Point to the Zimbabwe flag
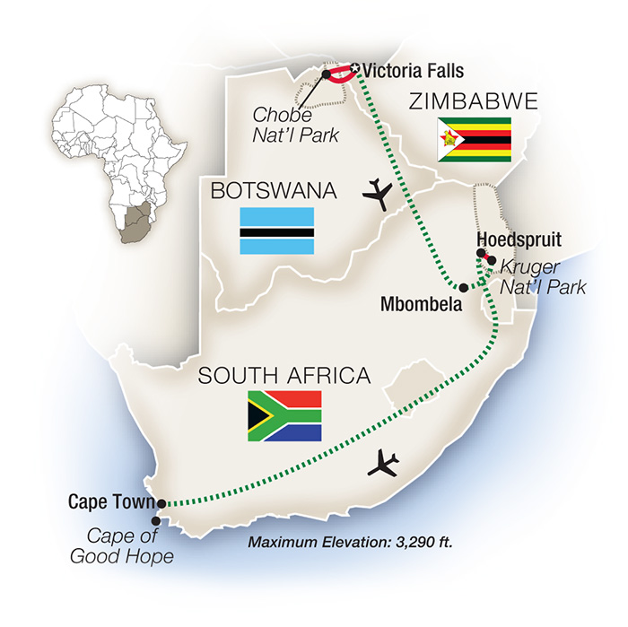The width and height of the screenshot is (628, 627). (x=474, y=139)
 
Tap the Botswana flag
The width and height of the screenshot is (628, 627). (x=275, y=231)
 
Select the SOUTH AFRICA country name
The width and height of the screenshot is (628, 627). (x=284, y=375)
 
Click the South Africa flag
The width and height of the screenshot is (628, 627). (x=284, y=415)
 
